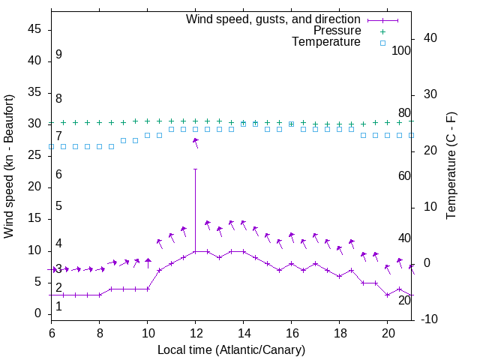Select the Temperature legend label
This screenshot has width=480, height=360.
coord(326,42)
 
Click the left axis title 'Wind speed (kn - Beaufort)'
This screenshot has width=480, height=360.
coord(9,166)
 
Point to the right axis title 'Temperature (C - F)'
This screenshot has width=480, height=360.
coord(451,166)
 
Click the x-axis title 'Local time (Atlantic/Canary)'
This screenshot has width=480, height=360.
coord(231,349)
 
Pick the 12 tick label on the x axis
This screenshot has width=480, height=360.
coord(196,331)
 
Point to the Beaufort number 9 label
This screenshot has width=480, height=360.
coord(58,55)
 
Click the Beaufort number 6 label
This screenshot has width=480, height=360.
coord(58,174)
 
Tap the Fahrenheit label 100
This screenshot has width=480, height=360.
coord(401,50)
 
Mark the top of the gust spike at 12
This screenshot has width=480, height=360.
coord(196,169)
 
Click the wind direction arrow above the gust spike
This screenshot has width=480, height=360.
coord(196,142)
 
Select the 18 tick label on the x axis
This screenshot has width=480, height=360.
coord(340,331)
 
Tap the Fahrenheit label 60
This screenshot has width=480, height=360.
coord(404,175)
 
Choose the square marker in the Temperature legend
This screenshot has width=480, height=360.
coord(382,43)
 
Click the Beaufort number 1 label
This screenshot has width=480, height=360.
coord(58,306)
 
